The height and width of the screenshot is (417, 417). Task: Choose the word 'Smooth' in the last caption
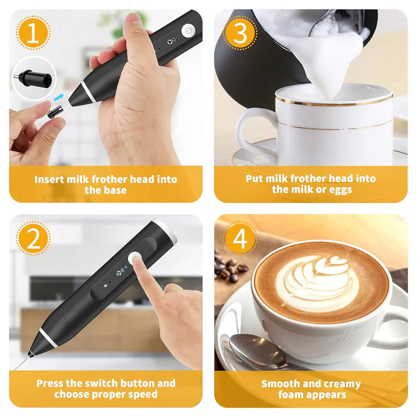click(280, 384)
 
